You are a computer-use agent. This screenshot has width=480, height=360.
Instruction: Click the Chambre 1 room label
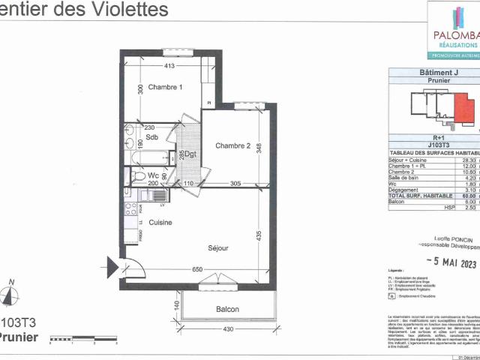[164, 88]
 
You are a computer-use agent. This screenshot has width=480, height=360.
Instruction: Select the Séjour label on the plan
[217, 247]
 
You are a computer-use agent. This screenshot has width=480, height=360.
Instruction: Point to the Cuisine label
[160, 222]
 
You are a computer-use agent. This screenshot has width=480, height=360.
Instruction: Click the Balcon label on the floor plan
[227, 310]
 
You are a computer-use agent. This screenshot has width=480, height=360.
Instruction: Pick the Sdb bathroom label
[151, 137]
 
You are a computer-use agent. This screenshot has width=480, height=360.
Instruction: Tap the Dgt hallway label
[190, 154]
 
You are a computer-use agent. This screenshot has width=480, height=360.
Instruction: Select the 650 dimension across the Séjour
[196, 269]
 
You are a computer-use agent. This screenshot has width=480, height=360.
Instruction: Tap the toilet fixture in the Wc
[137, 176]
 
